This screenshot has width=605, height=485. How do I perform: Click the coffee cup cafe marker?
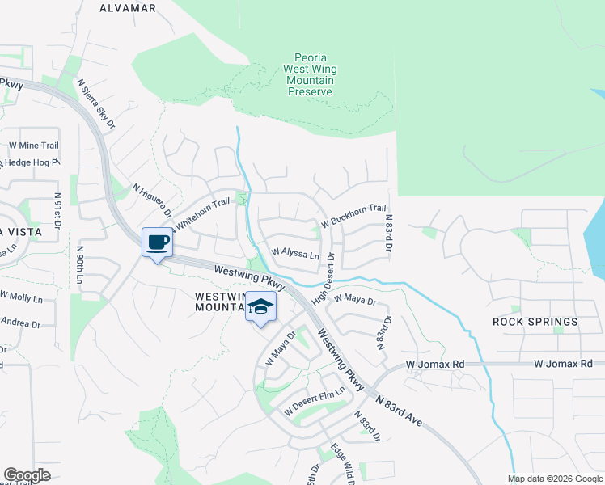[157, 242]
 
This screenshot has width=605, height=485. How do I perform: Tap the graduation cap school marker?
[260, 307]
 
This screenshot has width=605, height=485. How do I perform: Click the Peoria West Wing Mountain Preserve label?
[310, 75]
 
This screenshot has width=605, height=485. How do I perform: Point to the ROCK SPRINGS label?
[535, 322]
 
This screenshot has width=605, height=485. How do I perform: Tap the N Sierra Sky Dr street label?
[96, 104]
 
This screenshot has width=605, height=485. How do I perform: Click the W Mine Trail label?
[33, 145]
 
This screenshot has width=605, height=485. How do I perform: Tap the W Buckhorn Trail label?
[353, 214]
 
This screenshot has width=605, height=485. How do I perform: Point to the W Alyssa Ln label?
[294, 253]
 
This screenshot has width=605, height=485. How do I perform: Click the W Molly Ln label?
[21, 297]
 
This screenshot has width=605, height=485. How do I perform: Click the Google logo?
[27, 475]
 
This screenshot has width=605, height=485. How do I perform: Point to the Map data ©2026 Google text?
[555, 479]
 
